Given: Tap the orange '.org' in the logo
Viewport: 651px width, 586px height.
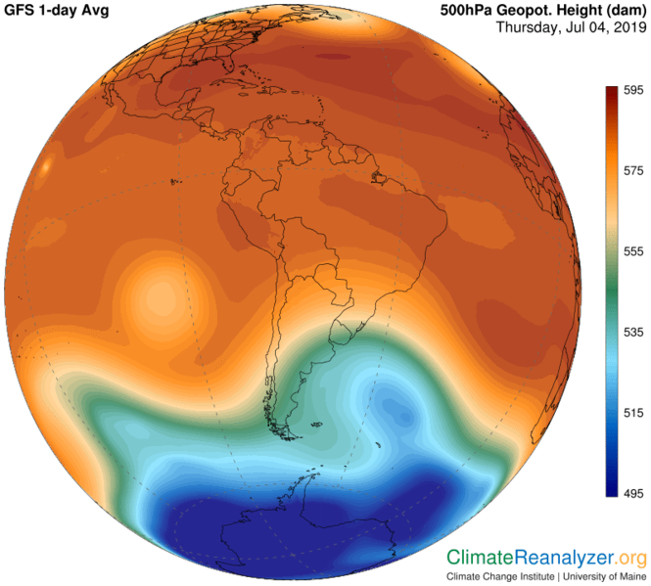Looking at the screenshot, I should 631,558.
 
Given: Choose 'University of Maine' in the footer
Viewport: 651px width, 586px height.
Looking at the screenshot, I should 603,576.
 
